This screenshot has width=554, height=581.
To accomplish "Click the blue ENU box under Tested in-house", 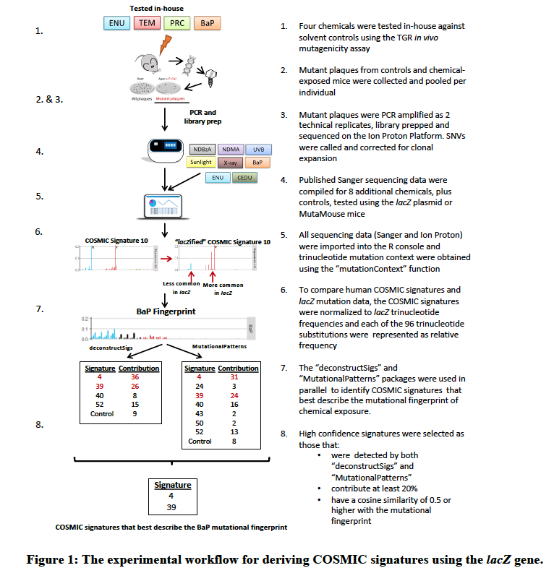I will pos(116,23).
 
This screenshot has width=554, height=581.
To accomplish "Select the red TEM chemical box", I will pos(147,23).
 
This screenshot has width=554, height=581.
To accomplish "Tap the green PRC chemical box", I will pos(176,23).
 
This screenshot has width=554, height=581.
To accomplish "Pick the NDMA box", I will pos(231,150).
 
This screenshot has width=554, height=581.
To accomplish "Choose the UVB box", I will pos(259,150).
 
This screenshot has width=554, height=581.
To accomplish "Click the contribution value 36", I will pos(135,376).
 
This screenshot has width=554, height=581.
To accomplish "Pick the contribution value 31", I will pos(234,376).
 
